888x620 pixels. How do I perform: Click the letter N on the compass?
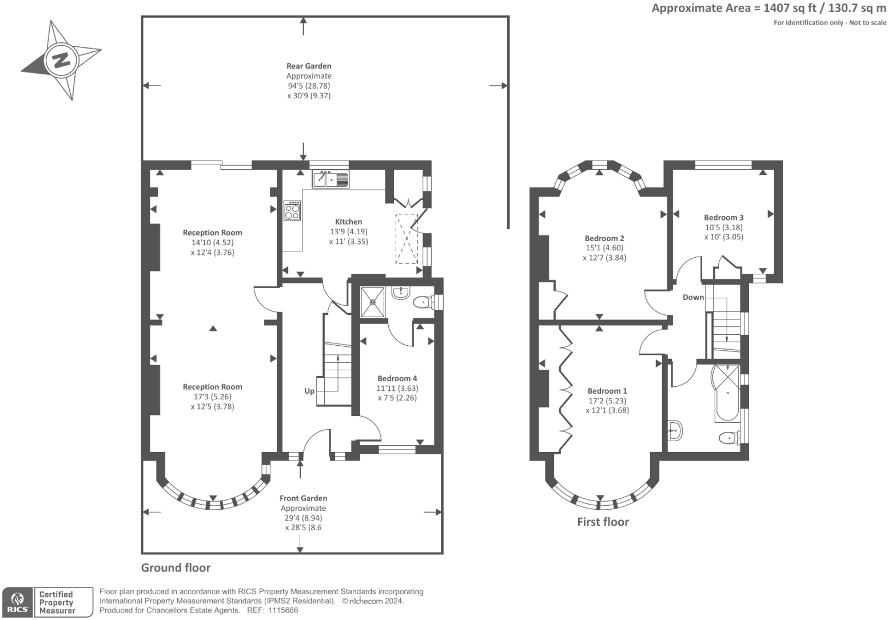61,61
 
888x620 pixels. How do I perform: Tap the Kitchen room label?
348,222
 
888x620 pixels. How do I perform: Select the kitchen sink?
330,179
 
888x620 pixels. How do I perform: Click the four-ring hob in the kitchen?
292,211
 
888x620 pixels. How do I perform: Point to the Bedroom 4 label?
397,378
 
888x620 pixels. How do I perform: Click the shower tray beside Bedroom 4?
373,302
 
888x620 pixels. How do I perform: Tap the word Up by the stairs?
309,391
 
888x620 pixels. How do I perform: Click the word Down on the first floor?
693,297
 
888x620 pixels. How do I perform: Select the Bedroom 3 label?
723,218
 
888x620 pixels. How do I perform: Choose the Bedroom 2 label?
604,238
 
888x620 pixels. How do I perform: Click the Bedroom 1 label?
607,391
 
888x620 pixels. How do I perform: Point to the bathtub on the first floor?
727,394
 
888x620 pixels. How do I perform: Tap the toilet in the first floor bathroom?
730,438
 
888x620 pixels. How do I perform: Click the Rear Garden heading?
309,66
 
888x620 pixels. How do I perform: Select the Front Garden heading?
303,498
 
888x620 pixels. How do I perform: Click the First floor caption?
603,522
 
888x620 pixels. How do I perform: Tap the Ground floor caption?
176,567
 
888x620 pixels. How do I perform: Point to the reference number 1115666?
282,610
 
